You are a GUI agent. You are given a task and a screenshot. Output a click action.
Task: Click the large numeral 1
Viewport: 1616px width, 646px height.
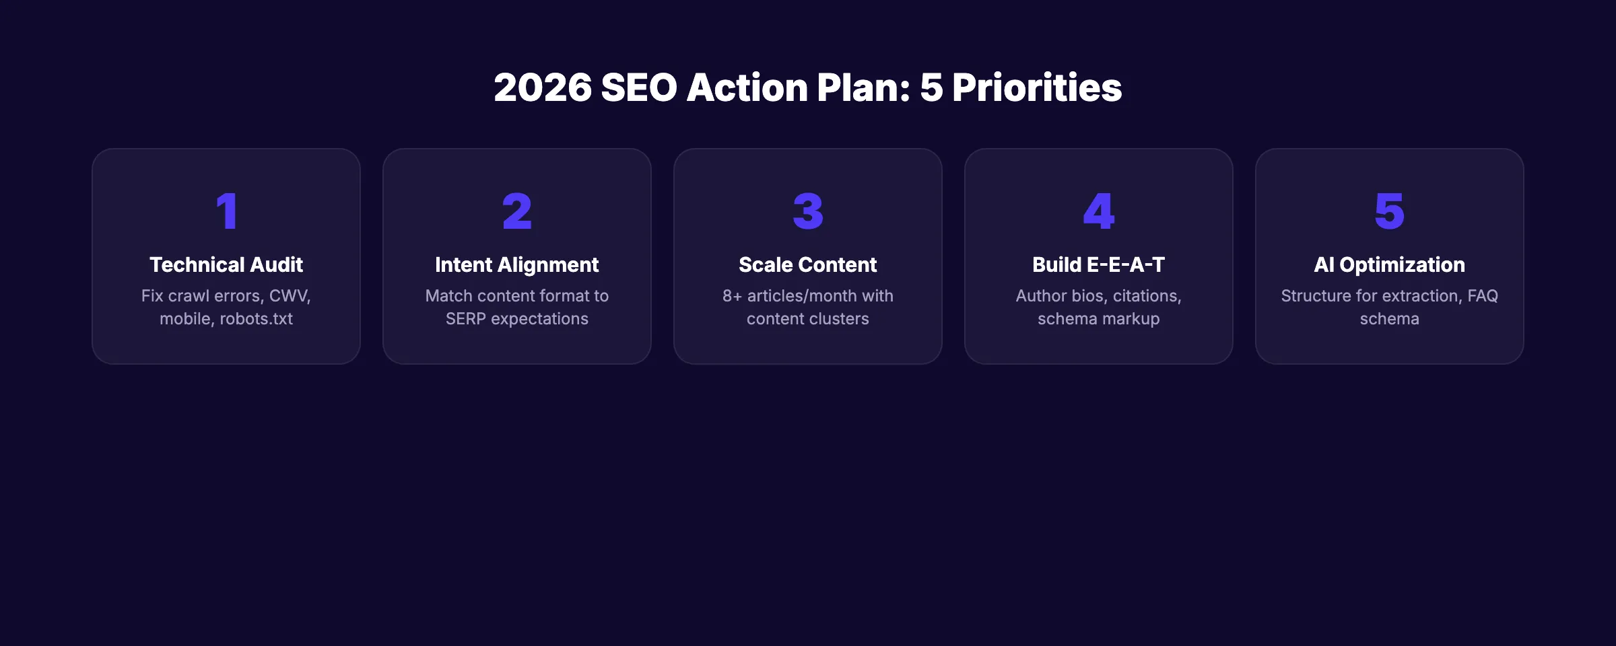(x=227, y=211)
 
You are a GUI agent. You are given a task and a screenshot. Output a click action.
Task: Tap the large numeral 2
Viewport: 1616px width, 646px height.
(x=517, y=211)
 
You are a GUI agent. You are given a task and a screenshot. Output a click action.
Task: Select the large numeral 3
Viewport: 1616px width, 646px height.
(x=808, y=211)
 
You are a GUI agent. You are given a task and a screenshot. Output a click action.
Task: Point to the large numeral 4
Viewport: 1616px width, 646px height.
(x=1099, y=211)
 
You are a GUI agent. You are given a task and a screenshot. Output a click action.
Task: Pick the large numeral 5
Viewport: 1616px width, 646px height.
(x=1389, y=211)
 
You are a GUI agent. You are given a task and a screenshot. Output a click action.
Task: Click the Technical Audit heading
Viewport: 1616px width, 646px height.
(x=226, y=264)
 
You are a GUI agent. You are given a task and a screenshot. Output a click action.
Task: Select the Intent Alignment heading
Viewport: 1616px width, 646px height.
(x=517, y=264)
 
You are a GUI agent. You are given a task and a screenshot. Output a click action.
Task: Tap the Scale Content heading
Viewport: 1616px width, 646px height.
(x=808, y=264)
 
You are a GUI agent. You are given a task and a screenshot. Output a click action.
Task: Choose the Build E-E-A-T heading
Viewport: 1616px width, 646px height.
(x=1099, y=264)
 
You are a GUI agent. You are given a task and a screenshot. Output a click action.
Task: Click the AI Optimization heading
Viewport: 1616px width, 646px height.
(x=1389, y=264)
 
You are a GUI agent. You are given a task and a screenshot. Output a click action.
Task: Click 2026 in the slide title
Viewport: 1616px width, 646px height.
(x=543, y=87)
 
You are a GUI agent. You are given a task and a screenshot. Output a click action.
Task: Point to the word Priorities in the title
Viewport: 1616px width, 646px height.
(x=1037, y=87)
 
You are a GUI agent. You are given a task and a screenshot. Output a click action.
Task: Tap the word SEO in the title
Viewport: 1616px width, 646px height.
(x=638, y=87)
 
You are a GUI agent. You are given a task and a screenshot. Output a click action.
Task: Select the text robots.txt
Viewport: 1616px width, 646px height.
(x=256, y=319)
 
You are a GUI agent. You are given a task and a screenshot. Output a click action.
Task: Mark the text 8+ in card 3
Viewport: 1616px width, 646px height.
(x=732, y=296)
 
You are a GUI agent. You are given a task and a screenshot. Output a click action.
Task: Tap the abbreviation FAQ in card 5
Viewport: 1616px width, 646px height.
(x=1483, y=296)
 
